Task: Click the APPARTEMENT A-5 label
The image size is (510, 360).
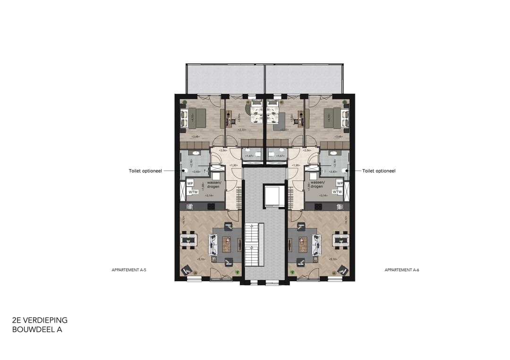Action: [x=126, y=270]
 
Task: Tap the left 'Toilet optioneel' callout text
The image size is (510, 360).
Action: [x=145, y=171]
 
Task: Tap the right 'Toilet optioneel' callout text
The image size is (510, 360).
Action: [x=379, y=171]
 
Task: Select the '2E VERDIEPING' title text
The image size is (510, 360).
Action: [x=40, y=320]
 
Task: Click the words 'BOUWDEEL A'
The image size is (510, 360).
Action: [x=37, y=330]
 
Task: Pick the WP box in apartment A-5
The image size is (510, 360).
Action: [x=190, y=183]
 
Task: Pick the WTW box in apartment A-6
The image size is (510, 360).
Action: [x=337, y=192]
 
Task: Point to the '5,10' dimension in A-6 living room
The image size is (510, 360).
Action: [x=333, y=259]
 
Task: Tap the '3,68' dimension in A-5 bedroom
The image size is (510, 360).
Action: [x=195, y=137]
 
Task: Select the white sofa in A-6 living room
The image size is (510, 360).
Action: [x=317, y=243]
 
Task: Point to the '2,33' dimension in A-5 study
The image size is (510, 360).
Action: [x=242, y=130]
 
